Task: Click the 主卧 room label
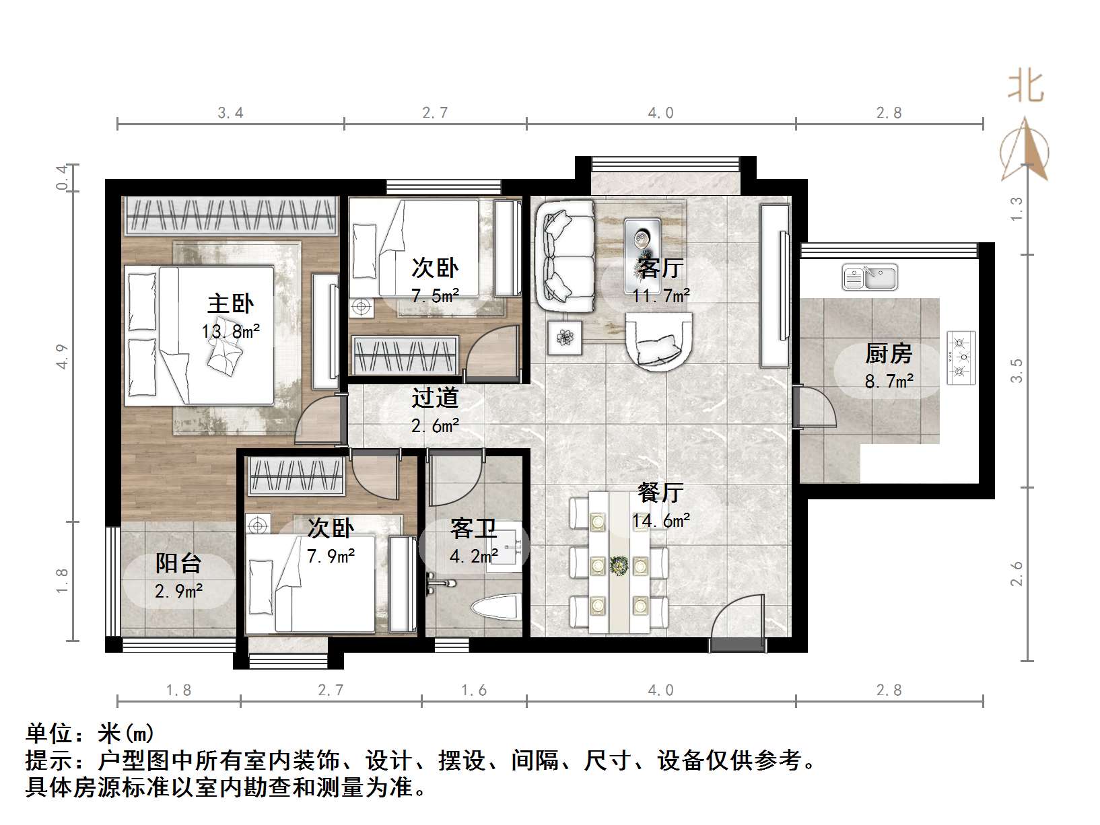tap(230, 303)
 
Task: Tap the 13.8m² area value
tap(230, 331)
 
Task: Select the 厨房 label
tap(888, 353)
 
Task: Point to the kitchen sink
tap(870, 277)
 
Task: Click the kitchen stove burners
tap(961, 357)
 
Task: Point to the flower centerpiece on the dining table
tap(619, 565)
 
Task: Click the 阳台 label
tap(178, 563)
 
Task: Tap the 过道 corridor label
tap(435, 398)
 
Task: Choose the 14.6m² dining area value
tap(660, 520)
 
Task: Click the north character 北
tap(1025, 87)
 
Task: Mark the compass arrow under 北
tap(1025, 149)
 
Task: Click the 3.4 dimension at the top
tap(230, 113)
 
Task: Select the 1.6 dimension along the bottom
tap(473, 690)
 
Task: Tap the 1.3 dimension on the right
tap(1017, 209)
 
